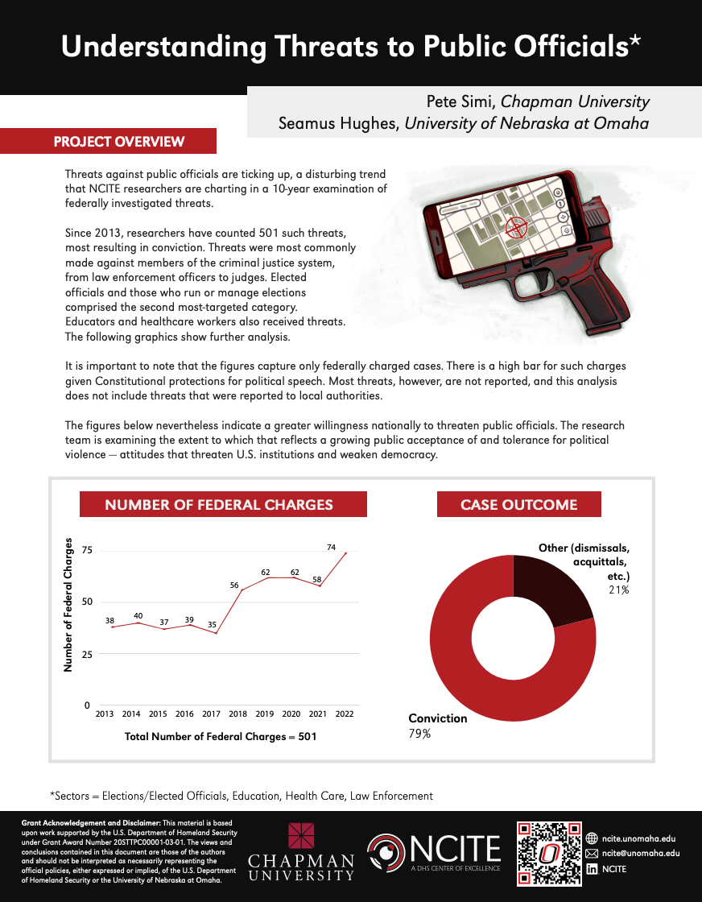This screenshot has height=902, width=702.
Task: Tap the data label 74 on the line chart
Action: click(331, 547)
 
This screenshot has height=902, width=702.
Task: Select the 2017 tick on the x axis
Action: click(212, 714)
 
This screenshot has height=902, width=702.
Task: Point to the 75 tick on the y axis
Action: click(86, 551)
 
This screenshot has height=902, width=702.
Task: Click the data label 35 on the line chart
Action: click(213, 623)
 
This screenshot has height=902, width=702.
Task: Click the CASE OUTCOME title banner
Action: click(518, 505)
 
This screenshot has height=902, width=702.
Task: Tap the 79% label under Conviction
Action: click(419, 734)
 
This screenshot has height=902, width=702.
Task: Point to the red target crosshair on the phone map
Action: click(515, 229)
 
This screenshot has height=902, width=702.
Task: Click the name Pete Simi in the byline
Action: click(461, 101)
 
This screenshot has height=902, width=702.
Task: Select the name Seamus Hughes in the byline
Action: click(337, 123)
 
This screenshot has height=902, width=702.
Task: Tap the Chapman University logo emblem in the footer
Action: click(301, 836)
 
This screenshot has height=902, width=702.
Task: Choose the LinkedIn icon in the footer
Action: click(592, 869)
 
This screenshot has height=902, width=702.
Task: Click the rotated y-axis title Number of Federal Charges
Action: click(68, 605)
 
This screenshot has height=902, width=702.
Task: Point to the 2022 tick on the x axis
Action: click(345, 714)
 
